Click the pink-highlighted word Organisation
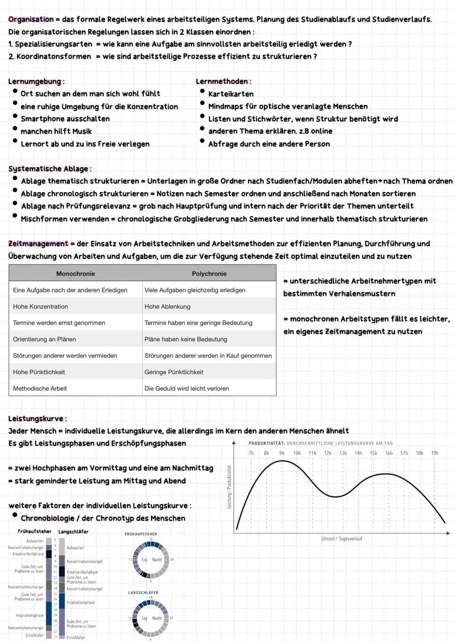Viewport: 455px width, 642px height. pos(31,19)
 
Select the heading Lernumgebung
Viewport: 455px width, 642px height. pos(35,82)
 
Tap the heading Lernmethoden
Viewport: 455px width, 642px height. pos(222,82)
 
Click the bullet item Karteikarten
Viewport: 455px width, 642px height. pos(231,94)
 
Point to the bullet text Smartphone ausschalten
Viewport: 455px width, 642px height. pos(65,119)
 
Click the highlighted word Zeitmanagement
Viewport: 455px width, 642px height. pos(38,244)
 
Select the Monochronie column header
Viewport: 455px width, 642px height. pos(75,274)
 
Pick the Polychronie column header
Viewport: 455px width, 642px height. pos(209,274)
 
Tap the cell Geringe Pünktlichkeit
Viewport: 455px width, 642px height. pos(174,372)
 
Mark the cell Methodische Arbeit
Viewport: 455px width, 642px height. pos(40,389)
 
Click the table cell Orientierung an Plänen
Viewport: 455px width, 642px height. pos(45,339)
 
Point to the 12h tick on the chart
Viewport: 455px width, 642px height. pos(327,453)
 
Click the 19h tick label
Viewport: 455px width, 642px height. pos(435,453)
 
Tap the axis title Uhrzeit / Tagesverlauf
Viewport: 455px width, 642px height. pos(342,539)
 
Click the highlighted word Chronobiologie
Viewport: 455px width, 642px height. pos(48,518)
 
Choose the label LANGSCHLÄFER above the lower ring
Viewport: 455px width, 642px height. pos(143,593)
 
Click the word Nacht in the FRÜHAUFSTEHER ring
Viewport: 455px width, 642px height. pos(157,560)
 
